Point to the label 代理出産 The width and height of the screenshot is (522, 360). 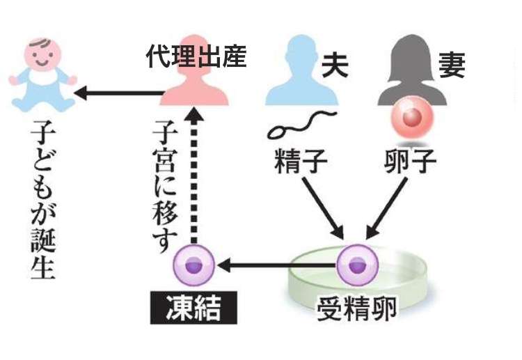tap(196, 57)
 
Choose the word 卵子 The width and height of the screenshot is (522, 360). tap(410, 162)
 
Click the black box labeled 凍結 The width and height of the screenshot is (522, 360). tap(193, 308)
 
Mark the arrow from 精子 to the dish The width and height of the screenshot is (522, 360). tap(322, 205)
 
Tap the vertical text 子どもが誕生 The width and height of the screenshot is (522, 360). tap(42, 202)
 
